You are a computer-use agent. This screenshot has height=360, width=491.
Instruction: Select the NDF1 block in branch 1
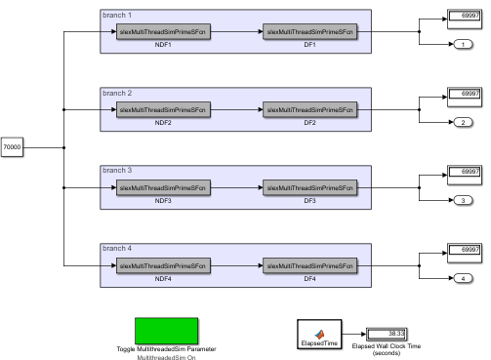pos(163,31)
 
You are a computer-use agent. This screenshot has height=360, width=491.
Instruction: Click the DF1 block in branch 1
pos(310,31)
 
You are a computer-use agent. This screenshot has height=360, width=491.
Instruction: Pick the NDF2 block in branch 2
pos(163,109)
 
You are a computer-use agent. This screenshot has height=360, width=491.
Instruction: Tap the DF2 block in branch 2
pos(310,109)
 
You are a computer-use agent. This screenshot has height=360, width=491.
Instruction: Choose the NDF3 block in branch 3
pos(163,187)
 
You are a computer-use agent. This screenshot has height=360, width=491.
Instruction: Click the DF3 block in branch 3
pos(310,187)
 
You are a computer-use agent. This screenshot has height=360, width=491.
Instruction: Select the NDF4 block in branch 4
pos(163,265)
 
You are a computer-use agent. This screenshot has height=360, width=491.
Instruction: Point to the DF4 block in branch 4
pos(310,265)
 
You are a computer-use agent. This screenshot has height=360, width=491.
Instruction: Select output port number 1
pos(461,45)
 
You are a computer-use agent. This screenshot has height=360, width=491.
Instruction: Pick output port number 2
pos(461,123)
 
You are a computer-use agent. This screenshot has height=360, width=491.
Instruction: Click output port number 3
pos(461,201)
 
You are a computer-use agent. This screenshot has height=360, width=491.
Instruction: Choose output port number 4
pos(461,279)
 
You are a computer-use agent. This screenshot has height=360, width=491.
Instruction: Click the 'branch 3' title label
pos(116,171)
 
